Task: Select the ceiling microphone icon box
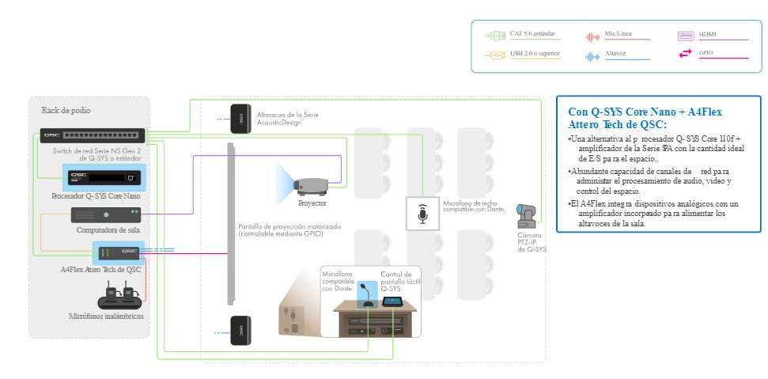tap(422, 214)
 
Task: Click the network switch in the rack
tap(93, 136)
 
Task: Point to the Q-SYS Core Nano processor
tap(93, 177)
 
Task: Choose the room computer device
tap(106, 215)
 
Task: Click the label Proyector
tap(312, 203)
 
